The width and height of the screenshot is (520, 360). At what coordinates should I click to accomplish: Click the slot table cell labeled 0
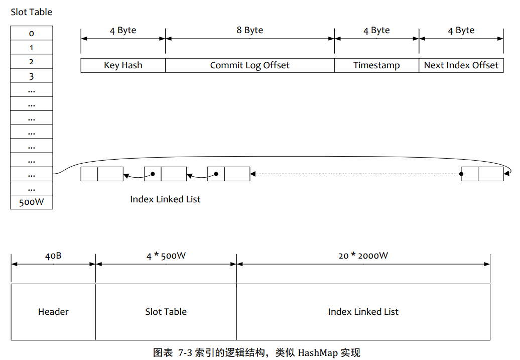pos(31,33)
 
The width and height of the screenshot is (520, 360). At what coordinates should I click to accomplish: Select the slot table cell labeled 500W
pos(31,202)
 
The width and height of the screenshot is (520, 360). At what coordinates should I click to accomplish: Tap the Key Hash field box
pos(123,65)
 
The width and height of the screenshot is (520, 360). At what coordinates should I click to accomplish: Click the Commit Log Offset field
pos(249,65)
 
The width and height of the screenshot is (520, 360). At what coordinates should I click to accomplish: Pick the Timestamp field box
pos(376,65)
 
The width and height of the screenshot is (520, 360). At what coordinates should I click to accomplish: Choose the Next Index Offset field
pos(461,65)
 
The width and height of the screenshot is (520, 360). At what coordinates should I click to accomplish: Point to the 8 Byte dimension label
pos(250,30)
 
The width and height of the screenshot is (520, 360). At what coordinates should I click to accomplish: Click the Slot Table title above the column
pos(31,12)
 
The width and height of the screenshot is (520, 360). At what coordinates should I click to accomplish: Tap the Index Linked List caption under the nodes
pos(165,199)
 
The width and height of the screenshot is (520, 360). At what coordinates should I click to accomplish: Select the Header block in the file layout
pos(53,312)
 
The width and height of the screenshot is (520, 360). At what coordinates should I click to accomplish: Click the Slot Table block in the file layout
pos(166,312)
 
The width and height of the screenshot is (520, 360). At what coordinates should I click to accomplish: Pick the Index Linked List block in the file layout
pos(363,312)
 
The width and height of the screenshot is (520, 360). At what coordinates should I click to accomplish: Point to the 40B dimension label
pos(53,256)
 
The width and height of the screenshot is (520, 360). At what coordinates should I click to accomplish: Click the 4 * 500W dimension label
pos(166,256)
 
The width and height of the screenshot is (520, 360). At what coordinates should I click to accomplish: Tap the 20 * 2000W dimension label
pos(363,256)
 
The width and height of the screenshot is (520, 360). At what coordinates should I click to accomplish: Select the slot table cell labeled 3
pos(31,76)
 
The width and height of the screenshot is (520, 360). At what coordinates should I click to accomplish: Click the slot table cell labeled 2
pos(31,62)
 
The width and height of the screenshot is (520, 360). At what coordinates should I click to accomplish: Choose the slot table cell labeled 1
pos(31,48)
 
